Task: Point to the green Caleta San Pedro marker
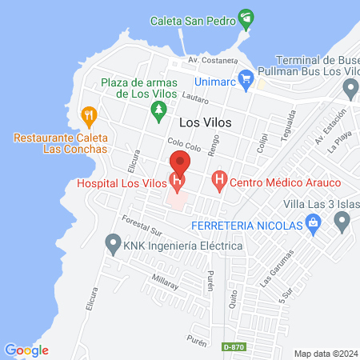[x=247, y=18]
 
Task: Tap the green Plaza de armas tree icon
[x=160, y=108]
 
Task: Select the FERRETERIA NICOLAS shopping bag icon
[x=316, y=226]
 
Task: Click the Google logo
[x=26, y=350]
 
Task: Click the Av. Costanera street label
[x=213, y=60]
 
